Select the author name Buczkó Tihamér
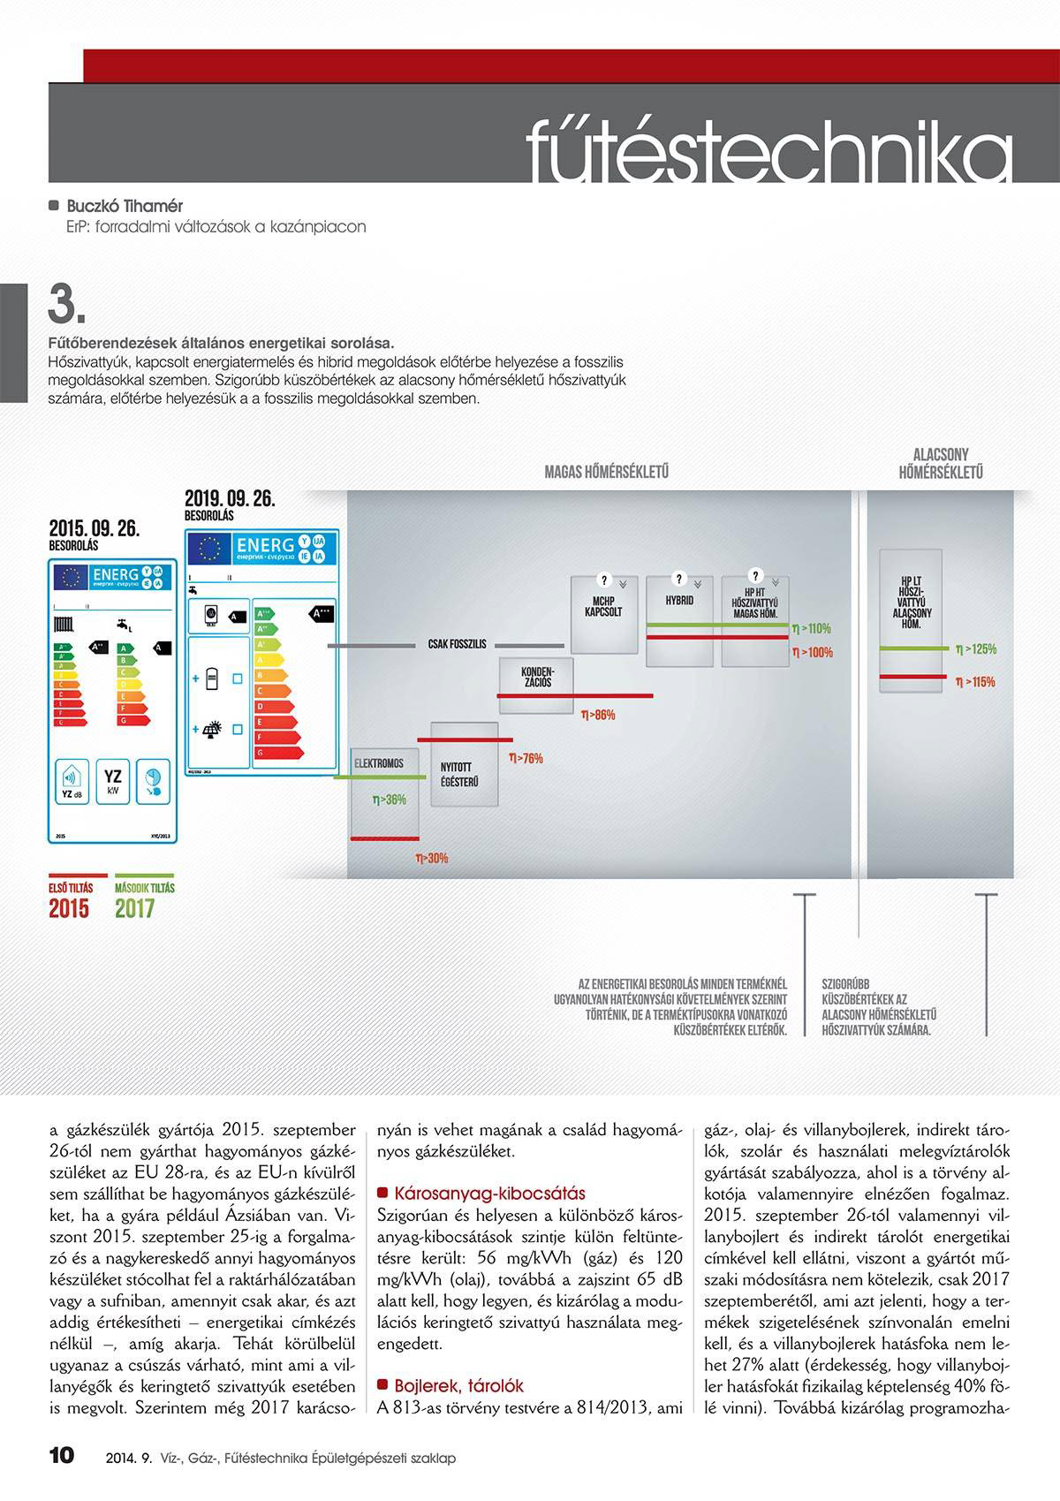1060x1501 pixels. (125, 206)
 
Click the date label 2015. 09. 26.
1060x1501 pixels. (94, 529)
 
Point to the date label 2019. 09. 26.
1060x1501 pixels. (230, 499)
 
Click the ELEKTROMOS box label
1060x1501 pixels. (379, 763)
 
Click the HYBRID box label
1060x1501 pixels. (679, 600)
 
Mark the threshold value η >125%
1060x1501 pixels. (975, 649)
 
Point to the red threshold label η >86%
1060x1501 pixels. (598, 715)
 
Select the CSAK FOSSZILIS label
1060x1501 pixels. (457, 645)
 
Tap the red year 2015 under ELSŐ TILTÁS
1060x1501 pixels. (69, 908)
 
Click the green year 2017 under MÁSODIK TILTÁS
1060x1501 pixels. (134, 908)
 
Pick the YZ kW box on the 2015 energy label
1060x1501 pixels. (112, 781)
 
